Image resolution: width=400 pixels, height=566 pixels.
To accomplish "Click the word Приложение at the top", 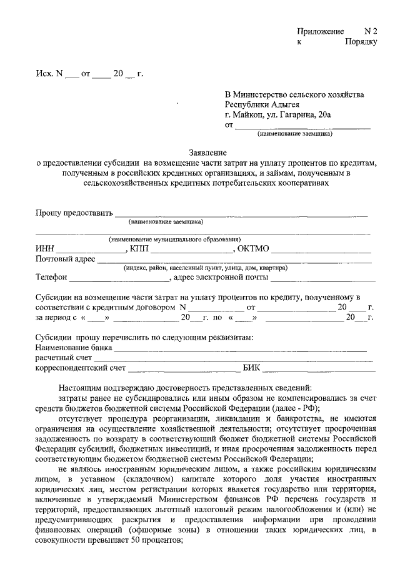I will [321, 31].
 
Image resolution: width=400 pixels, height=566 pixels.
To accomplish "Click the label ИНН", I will [46, 249].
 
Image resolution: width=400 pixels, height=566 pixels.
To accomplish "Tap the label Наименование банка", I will [74, 347].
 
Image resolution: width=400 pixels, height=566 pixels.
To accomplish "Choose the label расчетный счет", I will [64, 357].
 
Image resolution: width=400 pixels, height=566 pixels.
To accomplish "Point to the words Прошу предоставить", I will [74, 213].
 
